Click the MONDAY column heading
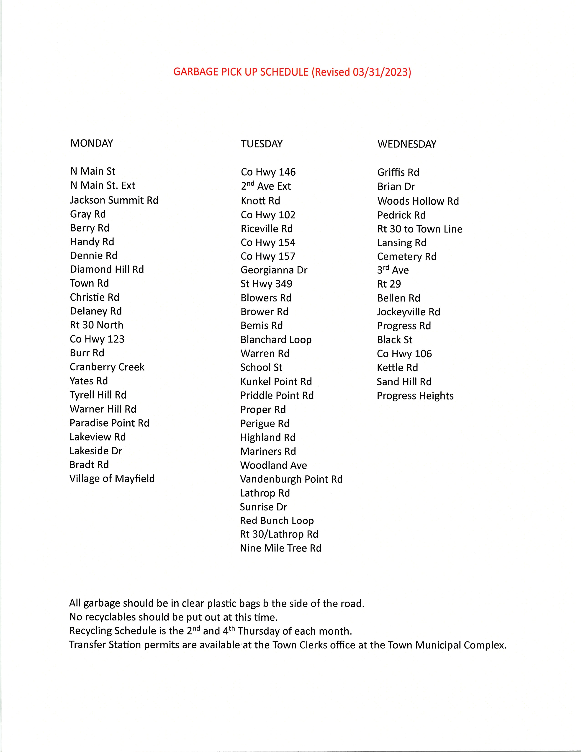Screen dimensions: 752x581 [x=92, y=143]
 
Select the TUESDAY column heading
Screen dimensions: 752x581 [x=262, y=144]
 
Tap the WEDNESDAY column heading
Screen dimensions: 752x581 [x=407, y=144]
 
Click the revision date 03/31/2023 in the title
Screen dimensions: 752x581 [x=380, y=72]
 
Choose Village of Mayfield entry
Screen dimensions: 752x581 [x=112, y=479]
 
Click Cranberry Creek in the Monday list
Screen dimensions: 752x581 [x=107, y=367]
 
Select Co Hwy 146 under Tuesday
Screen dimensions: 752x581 [x=268, y=172]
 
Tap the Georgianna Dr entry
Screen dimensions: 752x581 [x=274, y=270]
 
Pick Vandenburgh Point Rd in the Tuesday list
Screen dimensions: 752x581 [x=291, y=479]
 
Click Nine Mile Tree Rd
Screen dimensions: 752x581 [x=280, y=548]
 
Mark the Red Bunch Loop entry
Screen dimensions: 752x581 [x=277, y=521]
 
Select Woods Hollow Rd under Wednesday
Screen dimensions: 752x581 [x=418, y=201]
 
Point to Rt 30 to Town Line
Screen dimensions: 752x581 [x=419, y=229]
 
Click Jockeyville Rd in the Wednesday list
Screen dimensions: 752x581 [x=408, y=312]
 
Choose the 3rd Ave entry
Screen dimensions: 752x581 [x=393, y=270]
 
